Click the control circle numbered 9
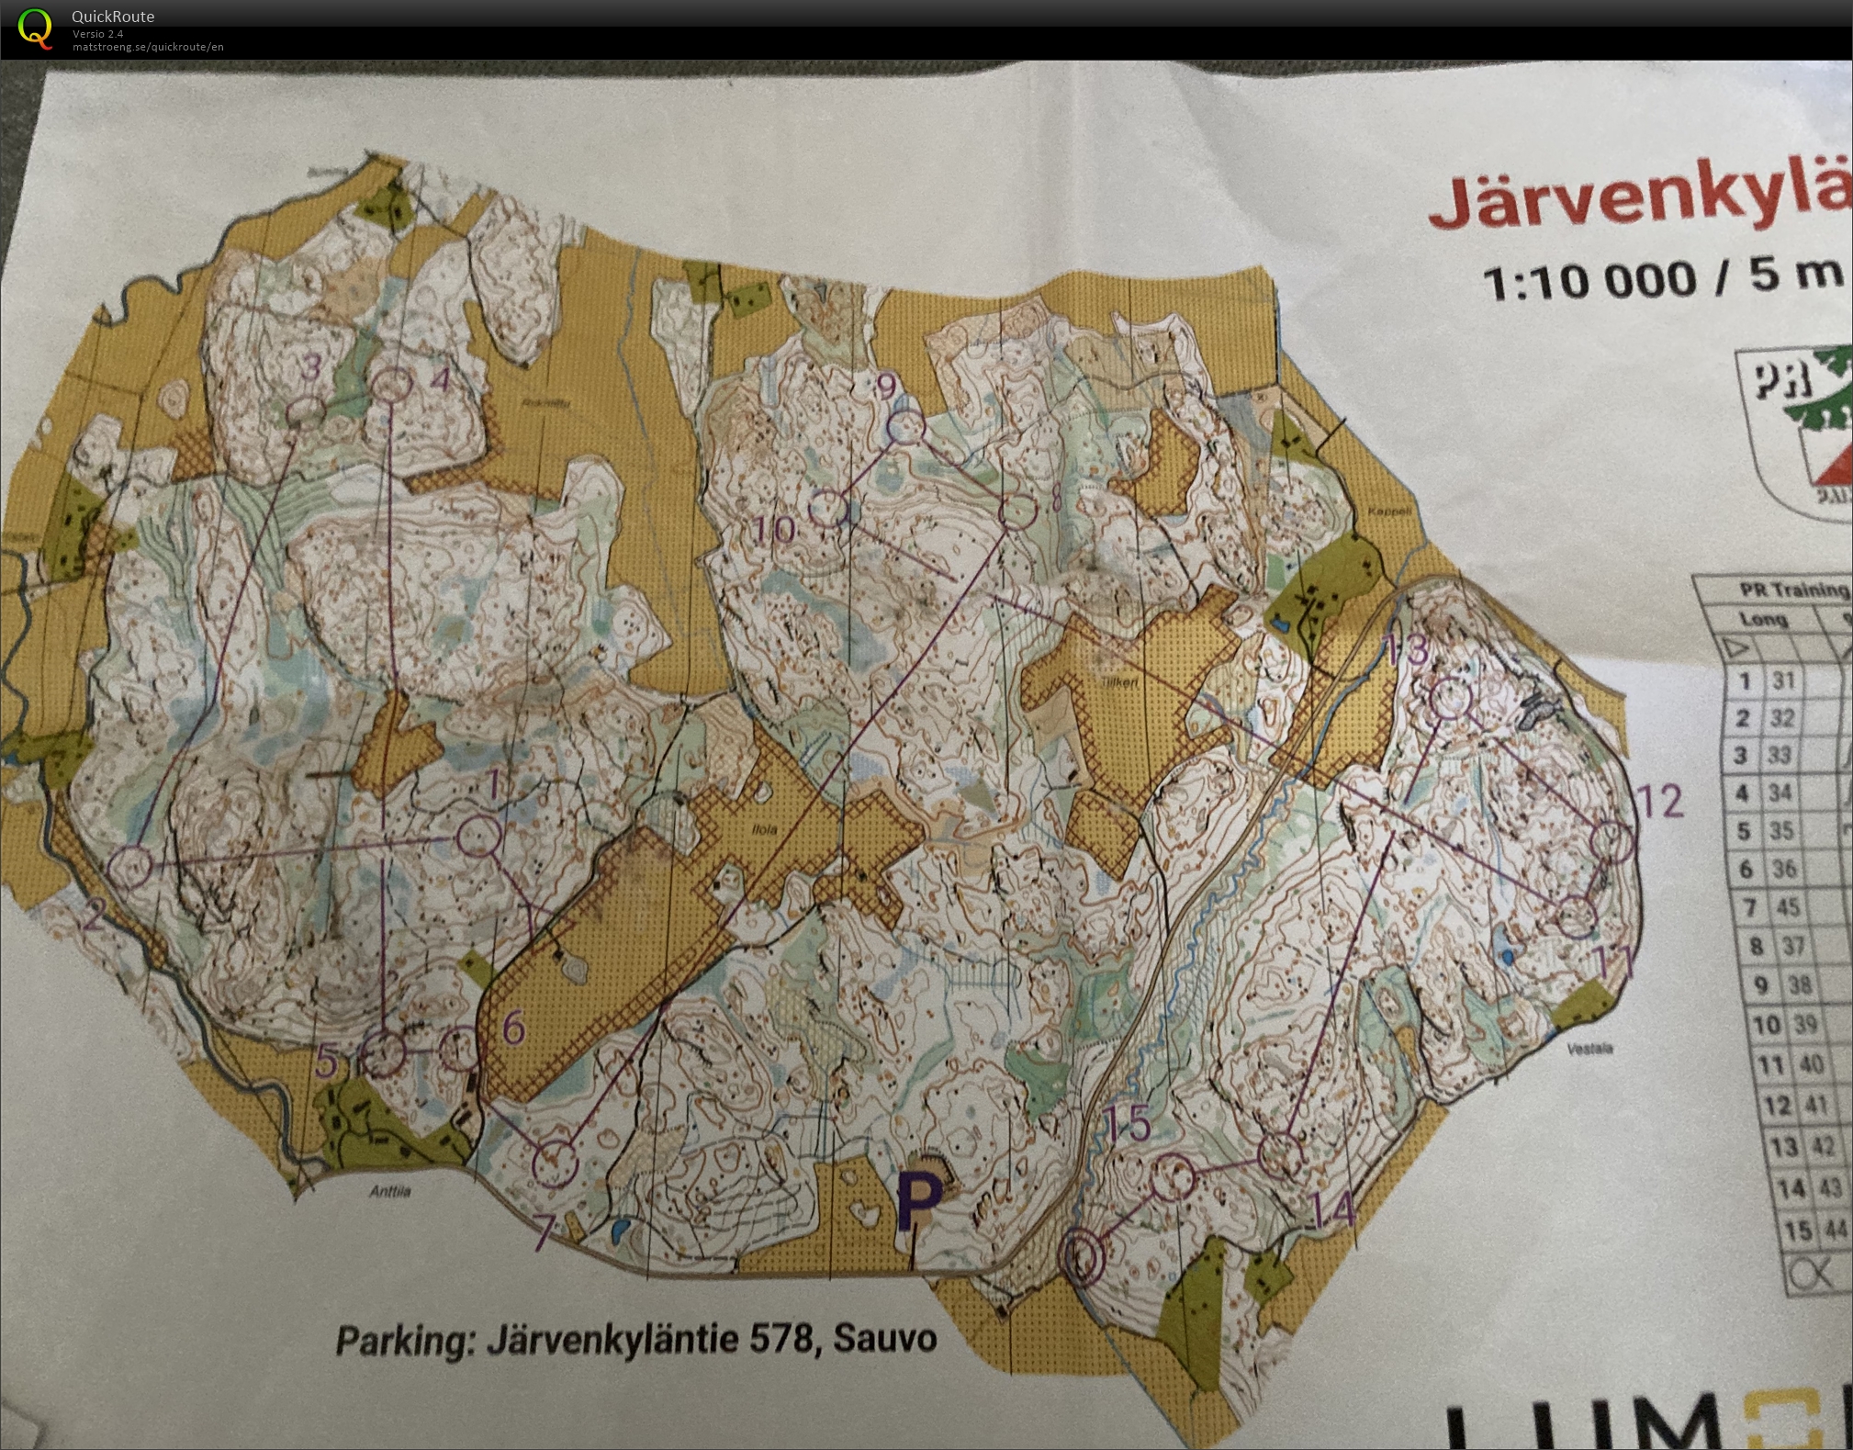click(x=905, y=427)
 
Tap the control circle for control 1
click(x=478, y=837)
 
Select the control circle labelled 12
click(x=1612, y=841)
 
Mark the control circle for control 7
click(x=555, y=1163)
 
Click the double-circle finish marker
click(x=1082, y=1255)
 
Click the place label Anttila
click(x=389, y=1192)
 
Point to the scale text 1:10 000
click(x=1589, y=281)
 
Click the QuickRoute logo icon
click(x=35, y=28)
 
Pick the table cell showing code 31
click(x=1783, y=681)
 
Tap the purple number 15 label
click(x=1127, y=1124)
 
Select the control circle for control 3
click(x=308, y=412)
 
